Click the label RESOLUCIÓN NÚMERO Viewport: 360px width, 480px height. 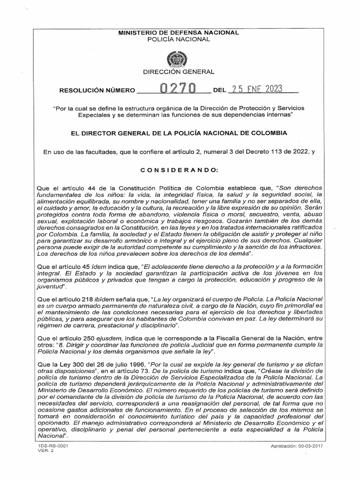(96, 90)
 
